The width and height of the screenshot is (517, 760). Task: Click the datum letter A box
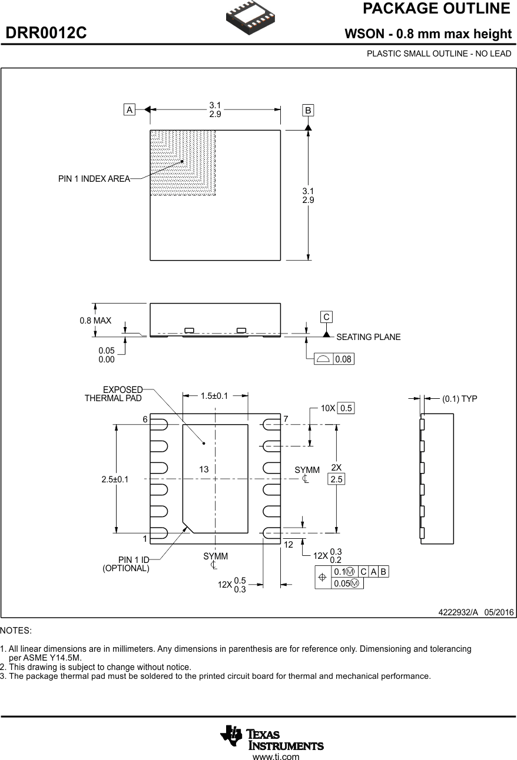point(129,109)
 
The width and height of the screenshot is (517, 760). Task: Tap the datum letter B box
point(308,110)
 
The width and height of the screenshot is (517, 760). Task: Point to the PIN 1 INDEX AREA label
point(94,179)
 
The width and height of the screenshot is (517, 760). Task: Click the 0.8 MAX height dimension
point(95,321)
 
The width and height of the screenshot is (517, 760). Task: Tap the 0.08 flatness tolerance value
point(344,359)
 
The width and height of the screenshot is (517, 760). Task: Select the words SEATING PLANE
point(368,337)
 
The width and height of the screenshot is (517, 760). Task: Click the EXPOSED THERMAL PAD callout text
point(114,394)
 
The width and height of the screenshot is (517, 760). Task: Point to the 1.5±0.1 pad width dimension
point(214,396)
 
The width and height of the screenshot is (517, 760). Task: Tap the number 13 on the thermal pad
point(204,469)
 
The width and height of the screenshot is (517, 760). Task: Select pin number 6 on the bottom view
point(144,419)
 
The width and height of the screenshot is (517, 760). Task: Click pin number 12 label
point(288,545)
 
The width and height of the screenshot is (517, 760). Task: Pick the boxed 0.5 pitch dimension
point(346,408)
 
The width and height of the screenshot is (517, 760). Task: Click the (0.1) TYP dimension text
point(459,399)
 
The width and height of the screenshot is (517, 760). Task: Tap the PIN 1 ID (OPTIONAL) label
point(126,564)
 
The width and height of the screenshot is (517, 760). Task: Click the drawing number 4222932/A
point(459,612)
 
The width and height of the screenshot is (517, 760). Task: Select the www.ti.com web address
point(276,757)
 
